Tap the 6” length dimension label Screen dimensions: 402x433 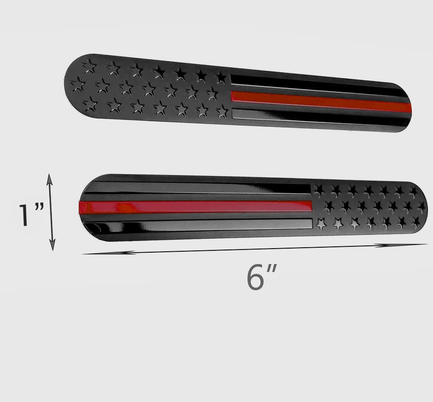[261, 277]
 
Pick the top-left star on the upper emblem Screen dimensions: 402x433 [89, 66]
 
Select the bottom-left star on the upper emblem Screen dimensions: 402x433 [90, 104]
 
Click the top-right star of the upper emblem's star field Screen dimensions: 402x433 [221, 78]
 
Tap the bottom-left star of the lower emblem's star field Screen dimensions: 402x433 [321, 223]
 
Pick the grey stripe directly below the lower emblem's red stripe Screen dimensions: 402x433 [198, 224]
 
